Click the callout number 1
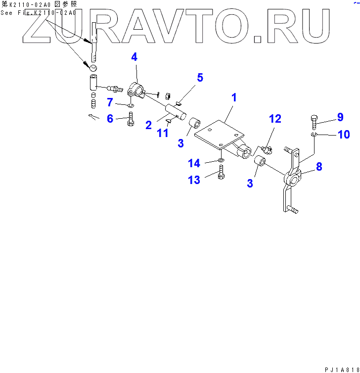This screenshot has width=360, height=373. [x=233, y=97]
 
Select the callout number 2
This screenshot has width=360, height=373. [x=148, y=125]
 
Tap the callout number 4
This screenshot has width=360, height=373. [x=134, y=57]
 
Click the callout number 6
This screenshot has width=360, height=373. [x=110, y=118]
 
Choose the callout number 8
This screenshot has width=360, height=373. [x=319, y=167]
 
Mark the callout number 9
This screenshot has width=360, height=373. [x=340, y=117]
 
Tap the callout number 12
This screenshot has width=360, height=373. [x=275, y=119]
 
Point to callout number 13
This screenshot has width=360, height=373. [x=194, y=180]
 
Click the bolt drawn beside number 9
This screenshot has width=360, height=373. [x=315, y=120]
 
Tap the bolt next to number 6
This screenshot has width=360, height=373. [x=131, y=119]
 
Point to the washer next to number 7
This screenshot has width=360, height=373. [x=130, y=105]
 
